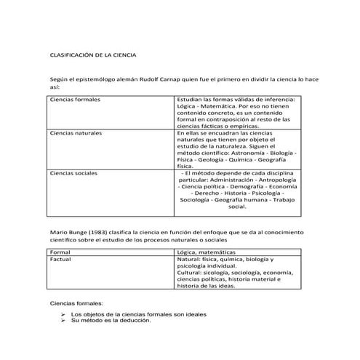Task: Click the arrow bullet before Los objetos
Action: (64, 314)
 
